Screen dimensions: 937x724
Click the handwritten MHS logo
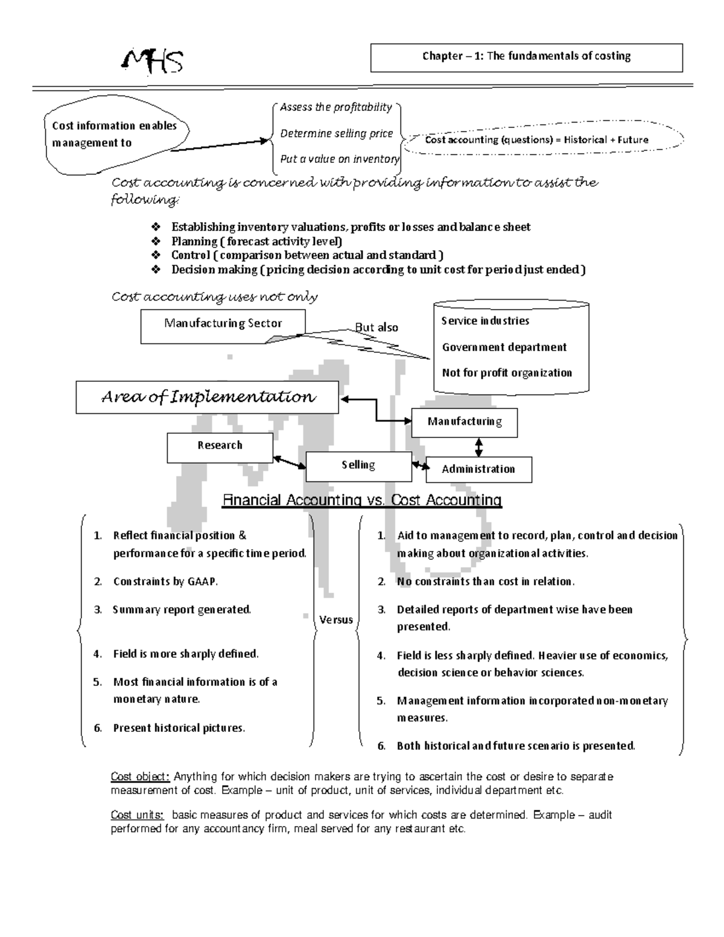point(153,61)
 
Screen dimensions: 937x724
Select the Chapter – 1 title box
point(526,57)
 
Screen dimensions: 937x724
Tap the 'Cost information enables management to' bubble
point(115,135)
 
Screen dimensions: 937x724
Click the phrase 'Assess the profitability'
point(336,107)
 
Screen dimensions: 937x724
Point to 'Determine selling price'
point(336,133)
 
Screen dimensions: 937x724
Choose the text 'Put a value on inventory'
point(339,159)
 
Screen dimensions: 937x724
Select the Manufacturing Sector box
point(223,324)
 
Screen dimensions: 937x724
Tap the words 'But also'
point(376,328)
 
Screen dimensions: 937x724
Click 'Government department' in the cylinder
point(504,347)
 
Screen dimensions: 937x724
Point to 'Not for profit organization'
point(507,373)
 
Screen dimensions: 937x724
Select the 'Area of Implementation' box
point(207,397)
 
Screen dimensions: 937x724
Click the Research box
point(220,445)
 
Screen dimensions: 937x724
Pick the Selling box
point(358,465)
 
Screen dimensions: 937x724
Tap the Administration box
point(478,469)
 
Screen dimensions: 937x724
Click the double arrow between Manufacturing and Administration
point(479,447)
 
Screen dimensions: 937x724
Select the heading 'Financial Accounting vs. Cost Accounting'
point(362,500)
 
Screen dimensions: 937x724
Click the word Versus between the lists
point(336,620)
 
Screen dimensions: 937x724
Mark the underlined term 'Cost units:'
point(137,815)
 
